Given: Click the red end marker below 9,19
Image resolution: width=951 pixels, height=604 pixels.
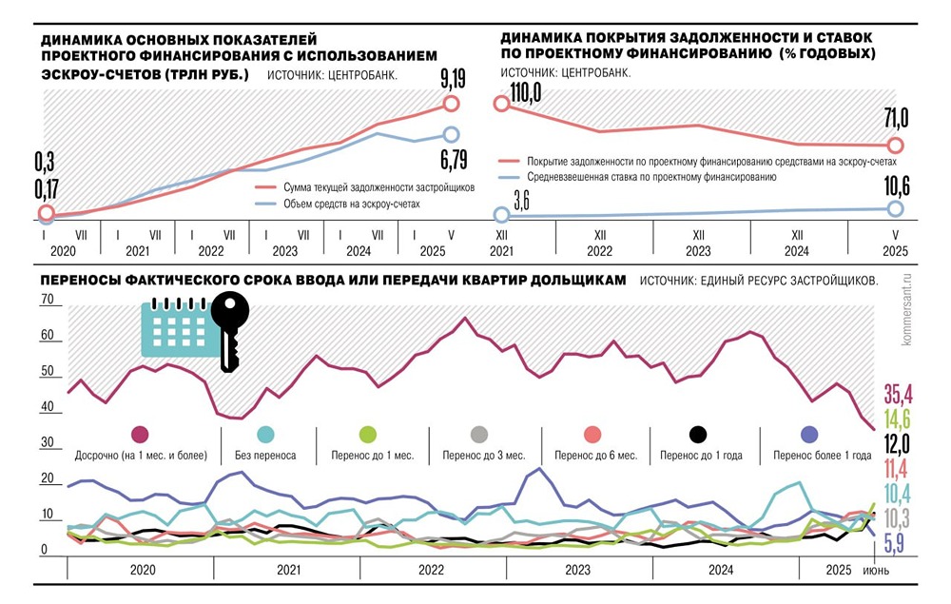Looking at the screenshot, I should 451,103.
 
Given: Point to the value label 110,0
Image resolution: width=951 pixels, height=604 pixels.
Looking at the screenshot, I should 524,91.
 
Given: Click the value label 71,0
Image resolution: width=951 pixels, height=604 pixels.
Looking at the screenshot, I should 896,118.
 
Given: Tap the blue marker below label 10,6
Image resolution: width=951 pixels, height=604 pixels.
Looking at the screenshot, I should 895,209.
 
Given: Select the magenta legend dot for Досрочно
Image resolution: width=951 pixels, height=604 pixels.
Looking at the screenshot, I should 141,435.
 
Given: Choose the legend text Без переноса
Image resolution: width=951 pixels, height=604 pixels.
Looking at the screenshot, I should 265,456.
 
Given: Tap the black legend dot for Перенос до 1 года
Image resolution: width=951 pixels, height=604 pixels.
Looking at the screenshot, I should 699,435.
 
